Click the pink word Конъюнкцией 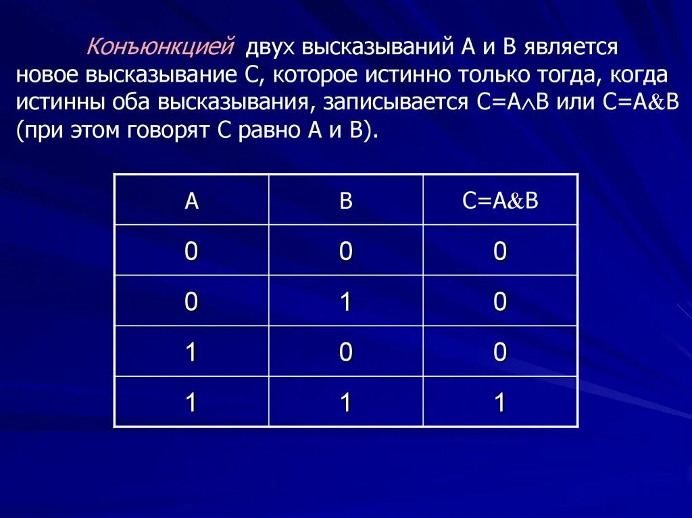pos(160,47)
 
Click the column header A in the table pos(192,201)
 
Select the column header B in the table pos(346,201)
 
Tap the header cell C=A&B pos(500,201)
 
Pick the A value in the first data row pos(192,251)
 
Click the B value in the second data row pos(346,302)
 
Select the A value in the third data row pos(192,353)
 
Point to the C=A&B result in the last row pos(500,403)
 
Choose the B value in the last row pos(346,403)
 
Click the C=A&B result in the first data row pos(500,251)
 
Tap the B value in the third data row pos(346,353)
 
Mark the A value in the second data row pos(192,302)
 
